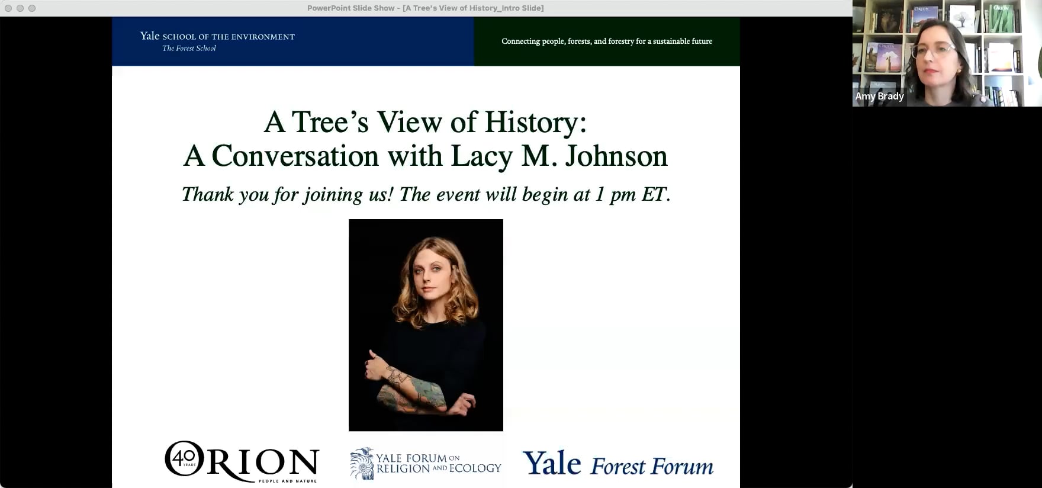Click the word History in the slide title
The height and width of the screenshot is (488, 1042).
pyautogui.click(x=535, y=123)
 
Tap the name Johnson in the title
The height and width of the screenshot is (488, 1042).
pyautogui.click(x=616, y=156)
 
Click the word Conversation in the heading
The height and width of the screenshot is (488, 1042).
pyautogui.click(x=295, y=156)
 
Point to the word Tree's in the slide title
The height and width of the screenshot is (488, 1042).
pyautogui.click(x=330, y=123)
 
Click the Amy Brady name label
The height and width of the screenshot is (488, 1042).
pyautogui.click(x=879, y=96)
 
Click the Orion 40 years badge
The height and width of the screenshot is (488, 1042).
pyautogui.click(x=184, y=458)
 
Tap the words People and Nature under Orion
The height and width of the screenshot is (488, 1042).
pyautogui.click(x=287, y=481)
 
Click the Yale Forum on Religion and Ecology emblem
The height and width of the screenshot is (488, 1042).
pyautogui.click(x=362, y=463)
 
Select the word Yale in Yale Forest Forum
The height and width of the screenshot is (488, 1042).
pyautogui.click(x=552, y=463)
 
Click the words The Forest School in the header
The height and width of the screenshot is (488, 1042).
pyautogui.click(x=189, y=49)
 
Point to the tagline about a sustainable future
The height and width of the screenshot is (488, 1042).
pyautogui.click(x=607, y=41)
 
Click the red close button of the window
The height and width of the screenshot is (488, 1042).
pyautogui.click(x=8, y=8)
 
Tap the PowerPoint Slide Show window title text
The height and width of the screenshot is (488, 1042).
pyautogui.click(x=425, y=8)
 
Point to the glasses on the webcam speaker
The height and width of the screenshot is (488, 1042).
pyautogui.click(x=934, y=51)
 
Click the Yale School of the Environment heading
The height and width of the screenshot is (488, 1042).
pyautogui.click(x=217, y=36)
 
